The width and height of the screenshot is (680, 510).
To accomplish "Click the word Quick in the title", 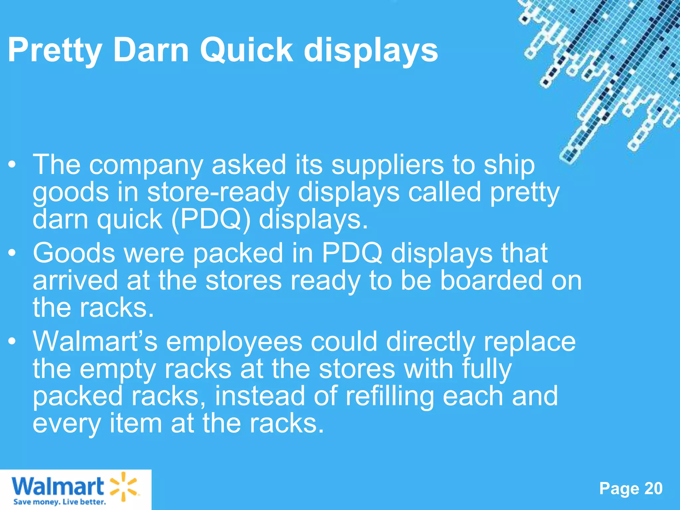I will (246, 50).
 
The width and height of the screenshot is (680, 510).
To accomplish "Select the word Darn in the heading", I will (151, 50).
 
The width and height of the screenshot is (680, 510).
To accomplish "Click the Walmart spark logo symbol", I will (123, 486).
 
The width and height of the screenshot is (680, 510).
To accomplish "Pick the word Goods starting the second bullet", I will (74, 253).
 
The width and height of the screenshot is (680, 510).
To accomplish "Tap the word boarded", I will (471, 281).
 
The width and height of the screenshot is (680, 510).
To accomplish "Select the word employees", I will (234, 342).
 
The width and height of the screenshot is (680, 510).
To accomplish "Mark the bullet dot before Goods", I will (12, 253).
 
